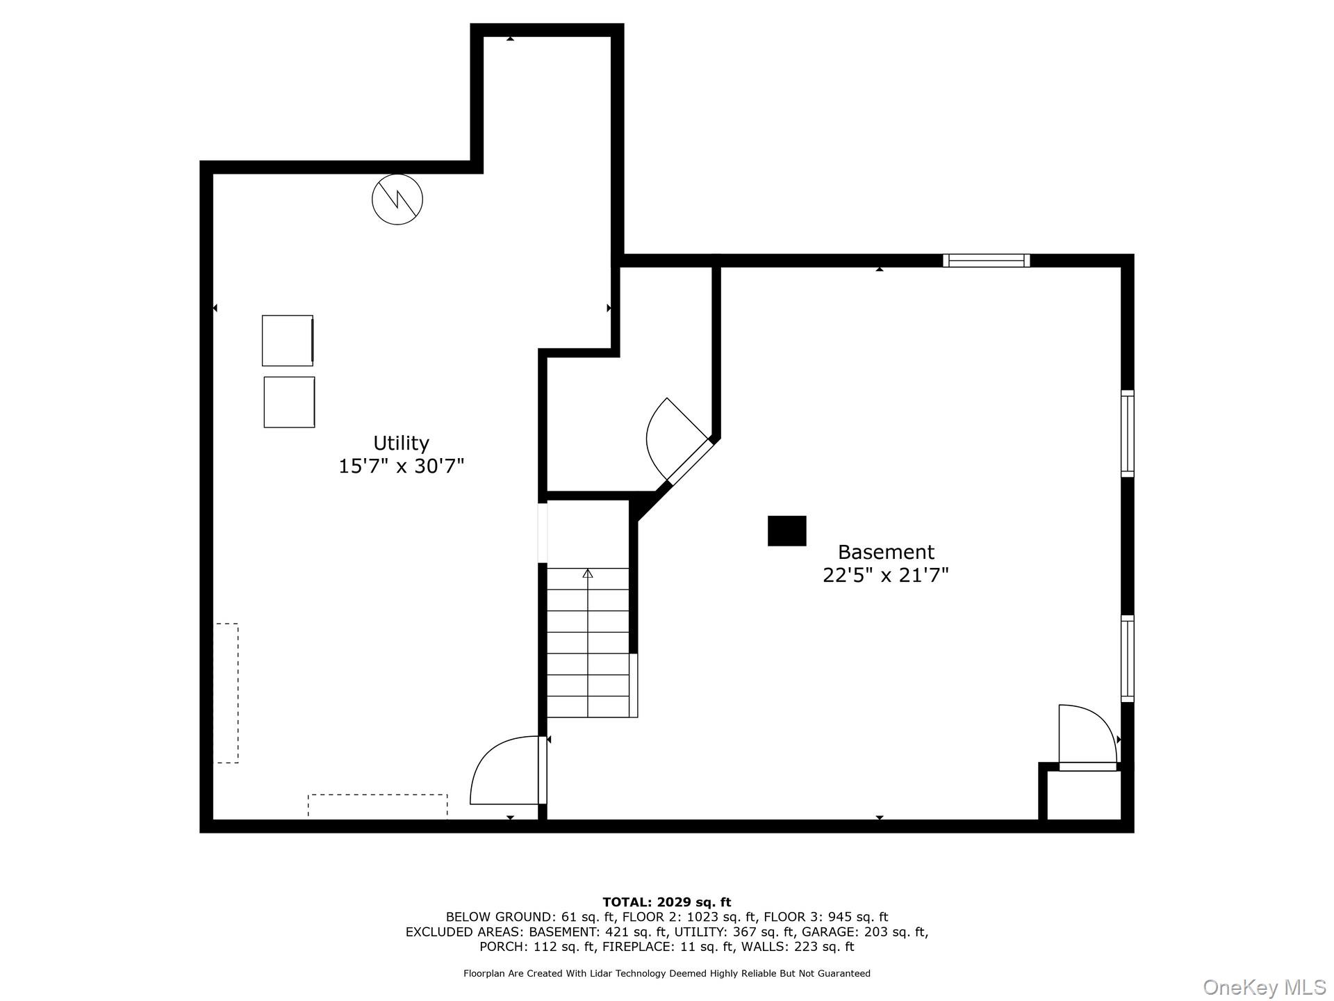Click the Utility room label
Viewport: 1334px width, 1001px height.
[x=401, y=443]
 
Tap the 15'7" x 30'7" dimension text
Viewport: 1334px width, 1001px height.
[x=401, y=466]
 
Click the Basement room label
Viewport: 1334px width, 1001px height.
[x=886, y=552]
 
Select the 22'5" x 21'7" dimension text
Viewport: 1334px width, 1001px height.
[x=886, y=576]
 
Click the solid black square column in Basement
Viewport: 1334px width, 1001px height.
[x=787, y=531]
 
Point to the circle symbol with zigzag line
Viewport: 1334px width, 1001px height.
[x=397, y=200]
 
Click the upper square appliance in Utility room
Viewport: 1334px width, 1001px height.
[x=287, y=341]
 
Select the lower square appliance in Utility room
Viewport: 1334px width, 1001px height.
[x=289, y=402]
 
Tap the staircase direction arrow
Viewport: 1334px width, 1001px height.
[x=588, y=574]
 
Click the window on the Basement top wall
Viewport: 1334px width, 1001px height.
[x=986, y=261]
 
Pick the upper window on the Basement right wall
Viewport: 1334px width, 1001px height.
[x=1127, y=434]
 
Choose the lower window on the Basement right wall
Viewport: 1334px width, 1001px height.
[x=1127, y=658]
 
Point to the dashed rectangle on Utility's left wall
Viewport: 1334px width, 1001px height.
[x=226, y=693]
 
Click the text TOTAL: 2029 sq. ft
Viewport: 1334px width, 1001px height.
[x=666, y=902]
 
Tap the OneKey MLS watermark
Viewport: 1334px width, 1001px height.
[x=1264, y=987]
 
